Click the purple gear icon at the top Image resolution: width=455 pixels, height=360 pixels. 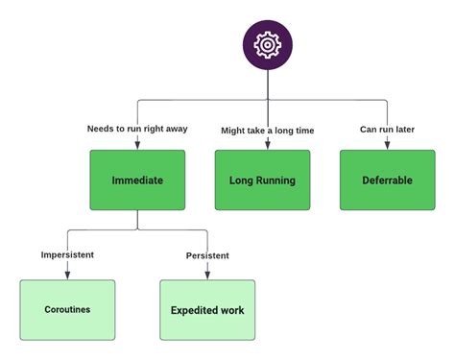268,45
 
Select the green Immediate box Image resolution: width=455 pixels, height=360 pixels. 137,180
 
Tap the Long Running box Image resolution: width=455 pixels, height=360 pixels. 262,180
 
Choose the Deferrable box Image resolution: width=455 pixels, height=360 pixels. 387,180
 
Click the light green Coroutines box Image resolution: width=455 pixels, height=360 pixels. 67,310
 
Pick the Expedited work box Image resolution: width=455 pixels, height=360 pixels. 207,310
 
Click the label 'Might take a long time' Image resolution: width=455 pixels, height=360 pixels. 267,130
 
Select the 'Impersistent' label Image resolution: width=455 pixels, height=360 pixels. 67,254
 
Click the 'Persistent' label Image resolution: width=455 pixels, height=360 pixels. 207,254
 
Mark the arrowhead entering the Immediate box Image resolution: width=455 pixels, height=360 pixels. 137,146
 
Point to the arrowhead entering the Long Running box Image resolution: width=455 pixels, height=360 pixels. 268,146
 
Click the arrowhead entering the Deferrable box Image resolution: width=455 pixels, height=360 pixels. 387,146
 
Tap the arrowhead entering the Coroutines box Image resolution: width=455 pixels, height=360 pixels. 67,276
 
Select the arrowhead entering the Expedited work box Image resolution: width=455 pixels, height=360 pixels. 207,276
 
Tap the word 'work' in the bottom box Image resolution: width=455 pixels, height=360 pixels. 231,310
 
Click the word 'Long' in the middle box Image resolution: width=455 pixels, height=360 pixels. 241,180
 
